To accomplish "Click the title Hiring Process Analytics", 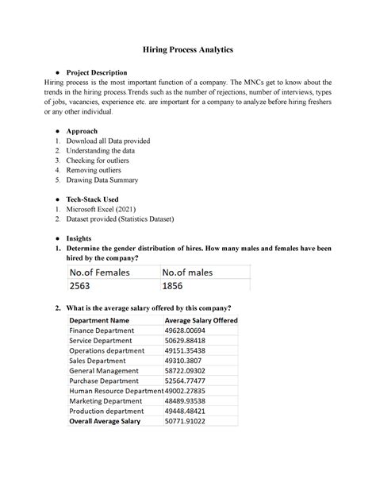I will point(188,50).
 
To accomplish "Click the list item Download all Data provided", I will point(108,141).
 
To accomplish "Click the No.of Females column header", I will point(103,272).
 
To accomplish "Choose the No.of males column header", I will point(190,272).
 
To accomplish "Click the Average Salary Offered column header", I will point(201,320).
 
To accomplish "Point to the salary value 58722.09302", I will point(189,370).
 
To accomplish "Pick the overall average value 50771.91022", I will point(189,421).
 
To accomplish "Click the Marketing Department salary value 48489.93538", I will point(189,401).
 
